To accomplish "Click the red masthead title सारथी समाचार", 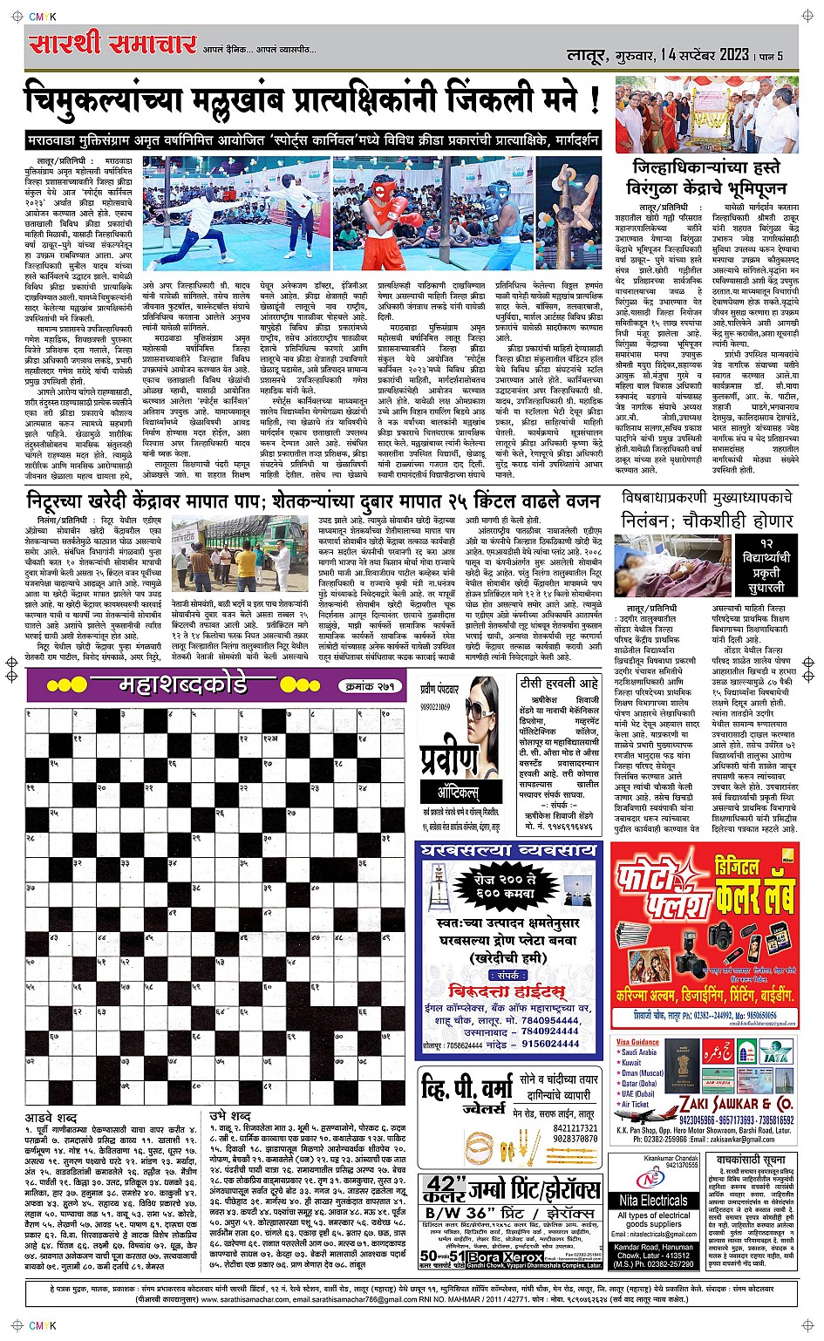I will pos(112,44).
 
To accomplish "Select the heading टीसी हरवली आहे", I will pos(559,683).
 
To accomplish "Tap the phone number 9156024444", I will pos(550,1044).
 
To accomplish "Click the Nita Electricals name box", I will pos(654,1200).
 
